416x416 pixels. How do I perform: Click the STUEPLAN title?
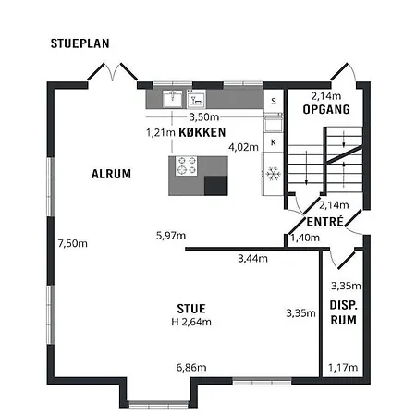pyautogui.click(x=80, y=43)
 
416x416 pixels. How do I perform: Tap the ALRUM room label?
pyautogui.click(x=111, y=174)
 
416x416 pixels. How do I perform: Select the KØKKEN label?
pyautogui.click(x=202, y=132)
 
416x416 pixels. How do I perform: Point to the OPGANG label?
pyautogui.click(x=326, y=109)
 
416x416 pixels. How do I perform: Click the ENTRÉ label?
pyautogui.click(x=325, y=222)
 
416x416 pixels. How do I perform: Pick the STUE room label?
pyautogui.click(x=191, y=309)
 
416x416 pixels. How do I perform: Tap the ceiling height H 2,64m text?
pyautogui.click(x=191, y=322)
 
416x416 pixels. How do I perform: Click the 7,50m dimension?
pyautogui.click(x=73, y=244)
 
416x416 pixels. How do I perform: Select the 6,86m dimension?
pyautogui.click(x=191, y=368)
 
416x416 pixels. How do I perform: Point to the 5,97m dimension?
pyautogui.click(x=171, y=236)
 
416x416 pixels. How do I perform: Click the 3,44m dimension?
pyautogui.click(x=252, y=259)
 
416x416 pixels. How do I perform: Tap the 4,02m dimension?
pyautogui.click(x=243, y=147)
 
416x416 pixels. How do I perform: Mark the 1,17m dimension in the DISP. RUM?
pyautogui.click(x=343, y=368)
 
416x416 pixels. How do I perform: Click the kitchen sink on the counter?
pyautogui.click(x=172, y=99)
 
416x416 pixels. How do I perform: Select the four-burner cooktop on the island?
pyautogui.click(x=186, y=165)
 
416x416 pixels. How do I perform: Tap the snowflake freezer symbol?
pyautogui.click(x=274, y=174)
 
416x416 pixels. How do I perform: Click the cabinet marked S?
pyautogui.click(x=274, y=102)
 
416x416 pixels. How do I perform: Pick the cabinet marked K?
pyautogui.click(x=274, y=142)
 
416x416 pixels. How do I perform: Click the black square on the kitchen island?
pyautogui.click(x=216, y=186)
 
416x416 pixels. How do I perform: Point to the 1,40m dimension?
pyautogui.click(x=305, y=238)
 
